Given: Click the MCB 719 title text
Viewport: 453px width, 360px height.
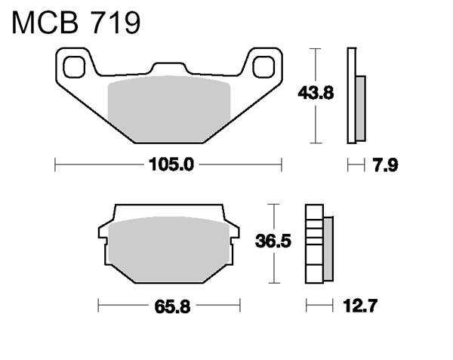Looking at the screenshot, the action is point(76,23).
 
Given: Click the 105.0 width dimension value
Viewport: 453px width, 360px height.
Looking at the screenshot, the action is point(171,165).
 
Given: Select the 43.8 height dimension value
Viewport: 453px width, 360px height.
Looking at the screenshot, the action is point(316,94).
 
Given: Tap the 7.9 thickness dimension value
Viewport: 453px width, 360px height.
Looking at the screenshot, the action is point(386,165).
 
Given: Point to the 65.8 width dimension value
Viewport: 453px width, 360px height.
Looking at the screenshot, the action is point(172,306).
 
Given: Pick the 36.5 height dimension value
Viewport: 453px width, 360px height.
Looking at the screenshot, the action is point(273,241).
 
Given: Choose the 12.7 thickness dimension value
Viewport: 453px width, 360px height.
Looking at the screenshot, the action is point(360,306).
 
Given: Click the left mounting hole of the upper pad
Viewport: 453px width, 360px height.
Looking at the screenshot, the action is point(74,67).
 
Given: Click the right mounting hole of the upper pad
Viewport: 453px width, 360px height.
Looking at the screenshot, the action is point(263,67).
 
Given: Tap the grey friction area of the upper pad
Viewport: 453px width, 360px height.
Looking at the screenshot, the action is point(169,109).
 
